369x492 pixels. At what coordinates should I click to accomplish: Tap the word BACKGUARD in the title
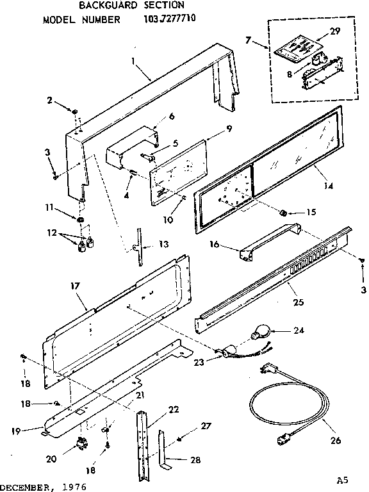[111, 6]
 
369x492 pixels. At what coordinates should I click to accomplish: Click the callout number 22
[155, 410]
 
